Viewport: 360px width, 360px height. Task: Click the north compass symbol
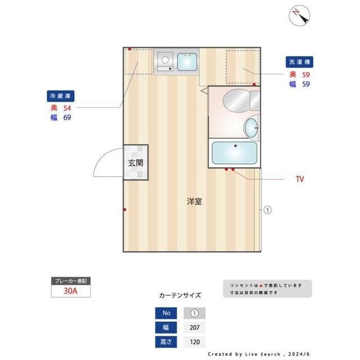[x=300, y=16]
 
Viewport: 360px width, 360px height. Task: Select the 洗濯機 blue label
[x=299, y=62]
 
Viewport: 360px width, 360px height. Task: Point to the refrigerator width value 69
[x=67, y=118]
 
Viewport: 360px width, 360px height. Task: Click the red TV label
[x=300, y=179]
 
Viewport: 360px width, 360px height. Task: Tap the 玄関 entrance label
[x=136, y=163]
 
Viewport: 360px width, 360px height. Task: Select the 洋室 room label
[x=195, y=201]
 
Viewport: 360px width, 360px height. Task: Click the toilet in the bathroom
[x=237, y=101]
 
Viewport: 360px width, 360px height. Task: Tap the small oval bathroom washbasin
[x=251, y=127]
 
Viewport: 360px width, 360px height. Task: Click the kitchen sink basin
[x=187, y=61]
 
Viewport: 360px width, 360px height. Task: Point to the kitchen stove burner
[x=165, y=58]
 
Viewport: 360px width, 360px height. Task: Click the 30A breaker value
[x=70, y=291]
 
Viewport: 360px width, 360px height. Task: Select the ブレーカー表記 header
[x=70, y=281]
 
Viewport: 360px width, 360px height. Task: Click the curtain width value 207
[x=195, y=328]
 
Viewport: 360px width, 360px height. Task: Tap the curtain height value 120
[x=195, y=342]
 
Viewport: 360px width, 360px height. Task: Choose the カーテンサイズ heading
[x=180, y=295]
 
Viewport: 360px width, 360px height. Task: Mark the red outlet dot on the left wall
[x=124, y=210]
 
